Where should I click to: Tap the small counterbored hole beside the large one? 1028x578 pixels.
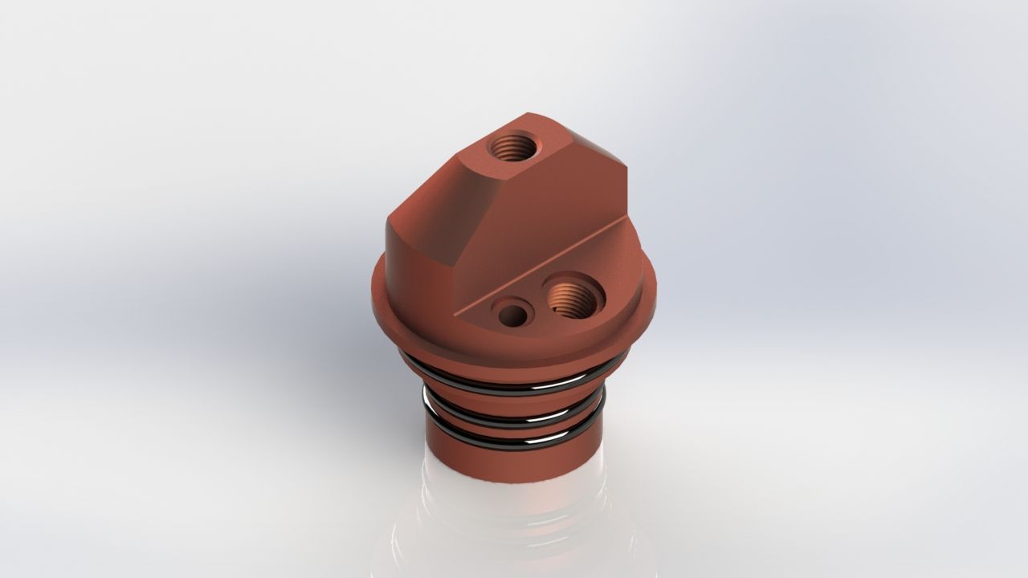click(x=512, y=313)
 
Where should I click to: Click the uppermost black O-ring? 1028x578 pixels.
click(x=514, y=384)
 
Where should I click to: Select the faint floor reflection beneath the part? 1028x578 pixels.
click(x=514, y=530)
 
